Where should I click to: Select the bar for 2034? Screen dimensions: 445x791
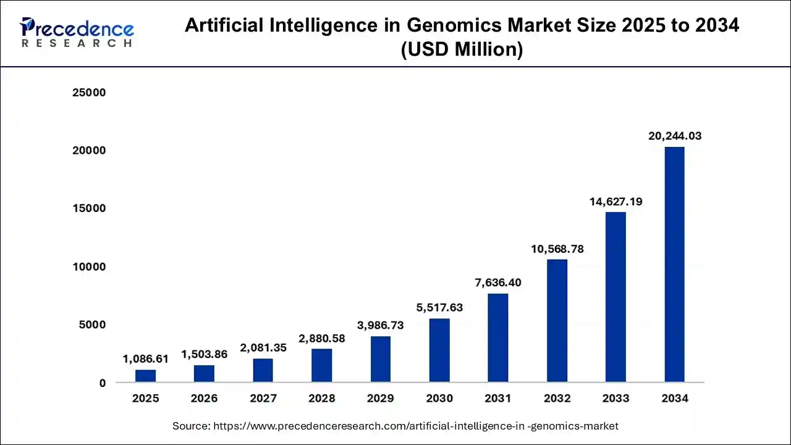674,265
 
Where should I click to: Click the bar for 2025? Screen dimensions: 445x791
145,376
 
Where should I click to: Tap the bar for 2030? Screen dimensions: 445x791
439,350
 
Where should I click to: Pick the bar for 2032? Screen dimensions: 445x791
557,321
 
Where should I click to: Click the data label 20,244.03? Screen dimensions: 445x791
674,136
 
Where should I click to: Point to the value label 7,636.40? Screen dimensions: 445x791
498,282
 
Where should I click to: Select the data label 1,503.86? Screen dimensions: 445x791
204,354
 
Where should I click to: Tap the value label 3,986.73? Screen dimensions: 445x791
381,325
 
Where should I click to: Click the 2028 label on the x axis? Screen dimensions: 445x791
321,399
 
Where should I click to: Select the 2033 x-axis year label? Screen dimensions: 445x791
615,399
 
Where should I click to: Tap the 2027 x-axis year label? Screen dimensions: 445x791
263,399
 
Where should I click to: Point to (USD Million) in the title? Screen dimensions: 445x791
462,49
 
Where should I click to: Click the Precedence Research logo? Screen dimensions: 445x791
77,33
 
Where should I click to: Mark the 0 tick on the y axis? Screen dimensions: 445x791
102,383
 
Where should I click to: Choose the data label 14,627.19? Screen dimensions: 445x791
615,201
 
